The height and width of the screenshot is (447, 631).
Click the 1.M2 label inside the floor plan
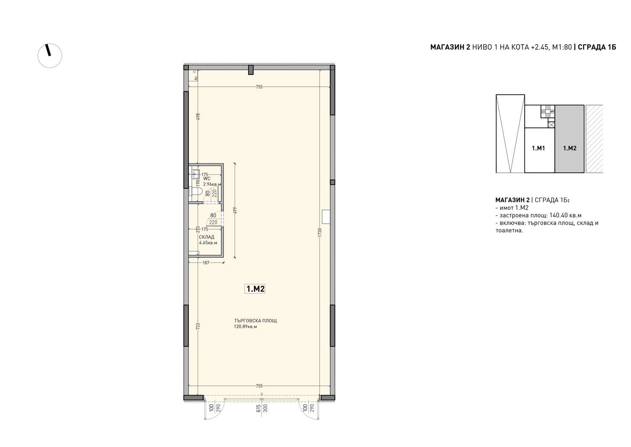(255, 289)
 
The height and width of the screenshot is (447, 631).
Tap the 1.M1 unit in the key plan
(538, 148)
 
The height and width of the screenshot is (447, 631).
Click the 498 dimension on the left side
(198, 117)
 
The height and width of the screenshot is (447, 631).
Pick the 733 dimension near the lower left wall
(198, 327)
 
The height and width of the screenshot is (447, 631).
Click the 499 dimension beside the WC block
(235, 211)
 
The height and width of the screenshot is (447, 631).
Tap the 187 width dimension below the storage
(206, 263)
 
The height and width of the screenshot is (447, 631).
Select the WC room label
(207, 179)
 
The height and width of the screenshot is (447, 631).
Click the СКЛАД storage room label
(207, 237)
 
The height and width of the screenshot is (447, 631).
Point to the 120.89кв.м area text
(245, 327)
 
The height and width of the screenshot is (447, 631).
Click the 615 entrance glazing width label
(258, 408)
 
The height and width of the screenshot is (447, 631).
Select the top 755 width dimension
(259, 87)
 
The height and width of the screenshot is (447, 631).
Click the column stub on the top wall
(251, 70)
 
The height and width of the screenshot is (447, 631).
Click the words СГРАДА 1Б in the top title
(597, 47)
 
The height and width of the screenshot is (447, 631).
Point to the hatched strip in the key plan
(594, 139)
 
